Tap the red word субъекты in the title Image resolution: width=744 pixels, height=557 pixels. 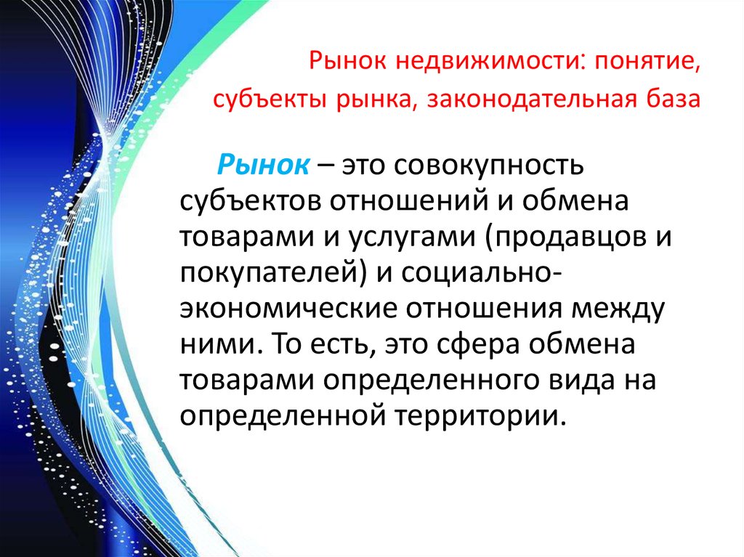269,100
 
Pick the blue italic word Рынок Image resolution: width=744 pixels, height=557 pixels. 263,166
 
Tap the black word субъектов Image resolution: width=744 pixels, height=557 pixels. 250,200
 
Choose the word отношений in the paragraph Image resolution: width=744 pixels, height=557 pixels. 409,201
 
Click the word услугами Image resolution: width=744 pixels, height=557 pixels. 413,237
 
